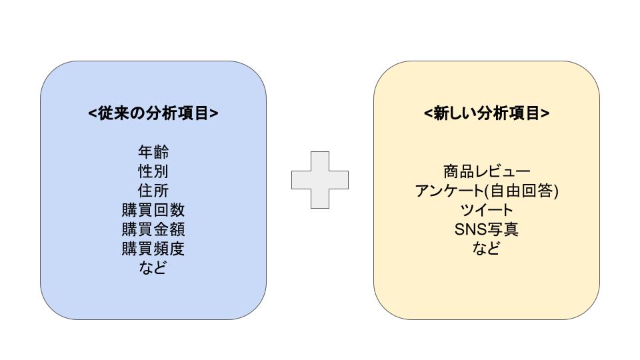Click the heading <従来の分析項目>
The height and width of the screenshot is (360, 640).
[x=153, y=113]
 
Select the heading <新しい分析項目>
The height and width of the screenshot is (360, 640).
[x=486, y=113]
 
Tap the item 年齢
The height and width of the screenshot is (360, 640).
[x=153, y=153]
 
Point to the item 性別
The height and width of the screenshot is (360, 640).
[x=153, y=172]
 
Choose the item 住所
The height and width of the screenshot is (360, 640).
[x=153, y=191]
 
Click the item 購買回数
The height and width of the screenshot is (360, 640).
[x=153, y=211]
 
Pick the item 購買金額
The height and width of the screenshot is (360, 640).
[x=153, y=230]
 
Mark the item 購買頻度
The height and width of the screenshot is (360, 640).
[x=153, y=249]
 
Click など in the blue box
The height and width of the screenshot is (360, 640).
[x=153, y=269]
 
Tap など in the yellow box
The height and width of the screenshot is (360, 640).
[x=486, y=249]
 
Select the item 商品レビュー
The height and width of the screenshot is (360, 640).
[x=486, y=172]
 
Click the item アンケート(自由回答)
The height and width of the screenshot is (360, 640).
[x=486, y=191]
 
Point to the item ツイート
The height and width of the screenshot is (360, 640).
[x=486, y=211]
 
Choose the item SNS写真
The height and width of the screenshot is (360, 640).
[x=486, y=230]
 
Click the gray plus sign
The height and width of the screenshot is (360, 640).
[x=319, y=180]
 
